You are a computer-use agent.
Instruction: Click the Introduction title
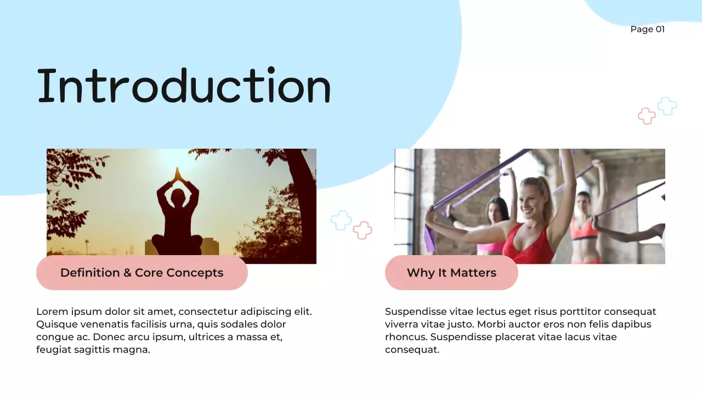point(184,86)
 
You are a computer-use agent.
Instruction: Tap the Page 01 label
point(647,29)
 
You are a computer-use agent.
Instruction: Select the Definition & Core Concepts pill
point(141,273)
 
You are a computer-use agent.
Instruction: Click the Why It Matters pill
point(451,273)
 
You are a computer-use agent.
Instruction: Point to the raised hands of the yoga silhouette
point(177,174)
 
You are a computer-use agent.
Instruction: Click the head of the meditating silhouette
point(177,197)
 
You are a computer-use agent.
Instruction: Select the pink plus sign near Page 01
point(647,116)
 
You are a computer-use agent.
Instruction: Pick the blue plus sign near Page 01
point(667,106)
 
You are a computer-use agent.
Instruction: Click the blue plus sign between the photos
point(341,220)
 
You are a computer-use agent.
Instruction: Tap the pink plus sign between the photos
point(362,230)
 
